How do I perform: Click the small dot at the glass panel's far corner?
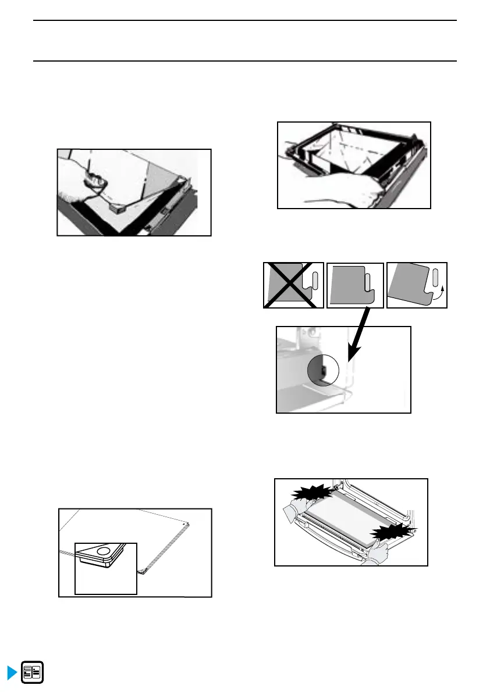(x=185, y=523)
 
